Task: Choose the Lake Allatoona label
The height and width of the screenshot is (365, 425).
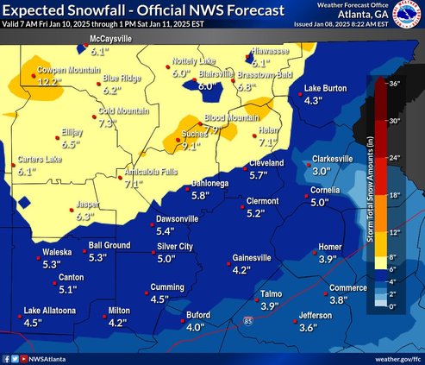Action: tap(50, 311)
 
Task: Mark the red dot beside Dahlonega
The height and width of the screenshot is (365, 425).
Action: tap(185, 183)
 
